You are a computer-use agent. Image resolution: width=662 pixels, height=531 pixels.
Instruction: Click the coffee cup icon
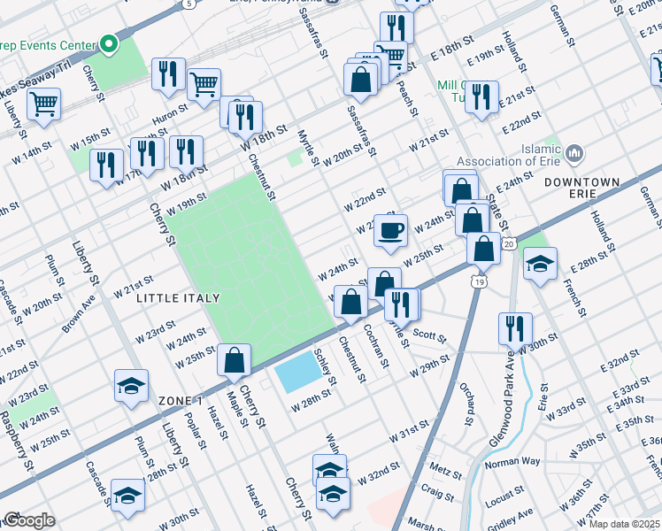[x=390, y=232]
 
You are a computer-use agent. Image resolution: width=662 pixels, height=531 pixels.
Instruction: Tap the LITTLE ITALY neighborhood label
[x=177, y=299]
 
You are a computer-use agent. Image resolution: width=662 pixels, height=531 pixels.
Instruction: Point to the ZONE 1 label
[x=181, y=401]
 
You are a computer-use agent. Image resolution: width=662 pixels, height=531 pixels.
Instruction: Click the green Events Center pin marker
[x=109, y=42]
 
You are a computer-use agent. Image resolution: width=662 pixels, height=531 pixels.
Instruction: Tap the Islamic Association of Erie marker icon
[x=574, y=155]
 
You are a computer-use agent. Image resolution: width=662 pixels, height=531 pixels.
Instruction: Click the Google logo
[x=29, y=520]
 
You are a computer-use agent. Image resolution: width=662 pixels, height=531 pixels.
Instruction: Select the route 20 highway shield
[x=507, y=243]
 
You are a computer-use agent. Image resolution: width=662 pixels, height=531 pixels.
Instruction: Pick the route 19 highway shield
[x=478, y=281]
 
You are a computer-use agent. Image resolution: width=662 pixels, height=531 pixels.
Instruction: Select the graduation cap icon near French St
[x=540, y=264]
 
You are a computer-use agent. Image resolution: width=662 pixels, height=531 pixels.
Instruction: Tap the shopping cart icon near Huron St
[x=204, y=85]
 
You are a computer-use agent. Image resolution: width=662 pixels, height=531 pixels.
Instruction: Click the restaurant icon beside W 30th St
[x=512, y=328]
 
